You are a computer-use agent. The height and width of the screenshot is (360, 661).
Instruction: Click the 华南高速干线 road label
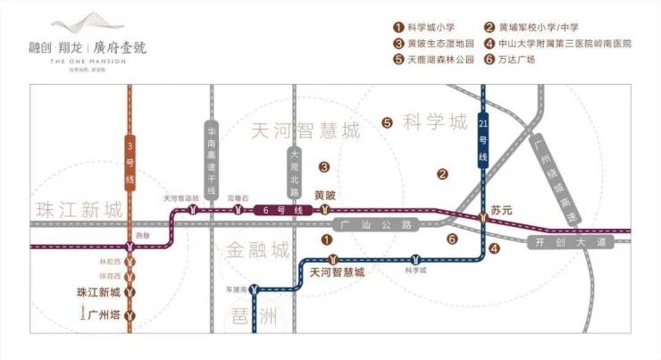(212, 160)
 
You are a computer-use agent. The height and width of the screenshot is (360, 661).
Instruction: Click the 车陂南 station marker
(255, 289)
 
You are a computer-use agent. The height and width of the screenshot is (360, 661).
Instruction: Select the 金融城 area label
(256, 248)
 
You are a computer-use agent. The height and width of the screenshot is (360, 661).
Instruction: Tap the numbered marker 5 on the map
(387, 123)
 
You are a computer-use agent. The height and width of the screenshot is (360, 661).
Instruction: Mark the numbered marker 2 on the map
(441, 174)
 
